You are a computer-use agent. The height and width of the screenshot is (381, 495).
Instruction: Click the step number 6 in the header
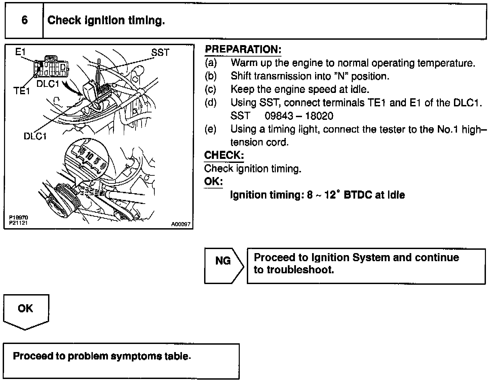pos(25,20)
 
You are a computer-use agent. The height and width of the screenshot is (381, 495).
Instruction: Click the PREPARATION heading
pos(243,49)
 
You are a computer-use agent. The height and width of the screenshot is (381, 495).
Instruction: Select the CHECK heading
pos(224,155)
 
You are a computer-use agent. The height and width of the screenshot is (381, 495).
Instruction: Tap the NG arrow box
pos(223,266)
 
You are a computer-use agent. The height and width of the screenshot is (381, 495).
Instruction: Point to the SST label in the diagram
pos(160,53)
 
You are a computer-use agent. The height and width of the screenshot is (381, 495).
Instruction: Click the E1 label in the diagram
pos(21,51)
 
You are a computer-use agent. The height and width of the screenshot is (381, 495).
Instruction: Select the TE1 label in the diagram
pos(22,91)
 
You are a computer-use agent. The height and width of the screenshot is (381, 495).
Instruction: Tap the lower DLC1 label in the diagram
pos(35,136)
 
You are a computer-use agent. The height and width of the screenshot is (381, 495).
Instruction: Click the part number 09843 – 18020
pos(299,116)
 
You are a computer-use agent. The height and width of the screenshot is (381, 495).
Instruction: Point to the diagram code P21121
pos(18,223)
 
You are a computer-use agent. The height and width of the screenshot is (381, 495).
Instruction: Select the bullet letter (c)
pos(211,90)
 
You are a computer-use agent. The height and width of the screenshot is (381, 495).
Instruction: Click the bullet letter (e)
pos(211,129)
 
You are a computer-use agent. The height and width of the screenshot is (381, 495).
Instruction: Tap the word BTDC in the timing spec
pos(357,195)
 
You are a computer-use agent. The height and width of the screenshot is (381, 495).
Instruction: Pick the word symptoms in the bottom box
pos(137,356)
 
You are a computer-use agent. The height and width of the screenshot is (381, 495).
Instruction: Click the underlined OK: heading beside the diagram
pos(214,182)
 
